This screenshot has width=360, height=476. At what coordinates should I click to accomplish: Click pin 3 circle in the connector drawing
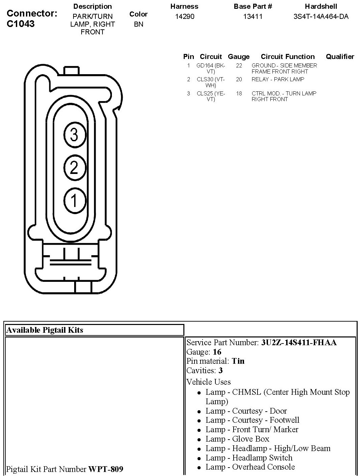click(74, 135)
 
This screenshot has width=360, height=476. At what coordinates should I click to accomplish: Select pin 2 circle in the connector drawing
click(74, 168)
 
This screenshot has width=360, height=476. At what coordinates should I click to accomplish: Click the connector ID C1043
click(21, 24)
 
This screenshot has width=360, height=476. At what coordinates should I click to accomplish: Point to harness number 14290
click(185, 16)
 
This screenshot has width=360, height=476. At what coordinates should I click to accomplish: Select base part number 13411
click(253, 16)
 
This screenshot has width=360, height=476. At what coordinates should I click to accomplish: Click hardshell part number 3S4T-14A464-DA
click(321, 16)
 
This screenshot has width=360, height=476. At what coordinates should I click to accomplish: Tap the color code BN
click(139, 24)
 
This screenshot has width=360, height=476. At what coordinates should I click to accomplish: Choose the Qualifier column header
click(340, 57)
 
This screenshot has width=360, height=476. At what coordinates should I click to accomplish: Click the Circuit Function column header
click(288, 57)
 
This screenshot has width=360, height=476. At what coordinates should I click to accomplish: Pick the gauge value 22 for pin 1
click(239, 65)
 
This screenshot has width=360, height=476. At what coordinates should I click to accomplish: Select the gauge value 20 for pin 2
click(239, 79)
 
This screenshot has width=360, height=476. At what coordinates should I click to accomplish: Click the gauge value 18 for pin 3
click(239, 93)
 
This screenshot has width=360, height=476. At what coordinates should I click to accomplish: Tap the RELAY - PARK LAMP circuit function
click(278, 79)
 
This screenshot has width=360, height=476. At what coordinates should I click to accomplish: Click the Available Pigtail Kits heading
click(44, 330)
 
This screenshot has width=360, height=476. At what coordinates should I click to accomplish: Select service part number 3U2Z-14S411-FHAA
click(299, 343)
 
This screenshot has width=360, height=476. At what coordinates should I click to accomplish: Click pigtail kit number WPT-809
click(106, 469)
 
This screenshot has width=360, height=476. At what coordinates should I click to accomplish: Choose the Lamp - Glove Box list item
click(237, 439)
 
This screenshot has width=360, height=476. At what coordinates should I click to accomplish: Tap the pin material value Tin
click(238, 361)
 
